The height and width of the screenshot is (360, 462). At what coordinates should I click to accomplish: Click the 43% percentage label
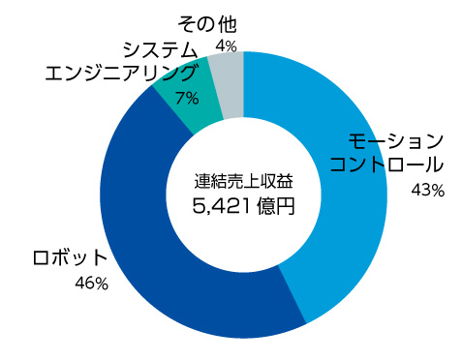click(x=426, y=191)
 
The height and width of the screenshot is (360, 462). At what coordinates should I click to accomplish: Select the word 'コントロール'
click(x=386, y=165)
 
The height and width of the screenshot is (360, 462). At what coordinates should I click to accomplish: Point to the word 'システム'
click(x=161, y=49)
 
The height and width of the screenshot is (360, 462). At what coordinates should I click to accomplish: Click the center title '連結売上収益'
click(x=243, y=181)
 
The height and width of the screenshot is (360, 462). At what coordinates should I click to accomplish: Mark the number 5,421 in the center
click(x=223, y=206)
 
